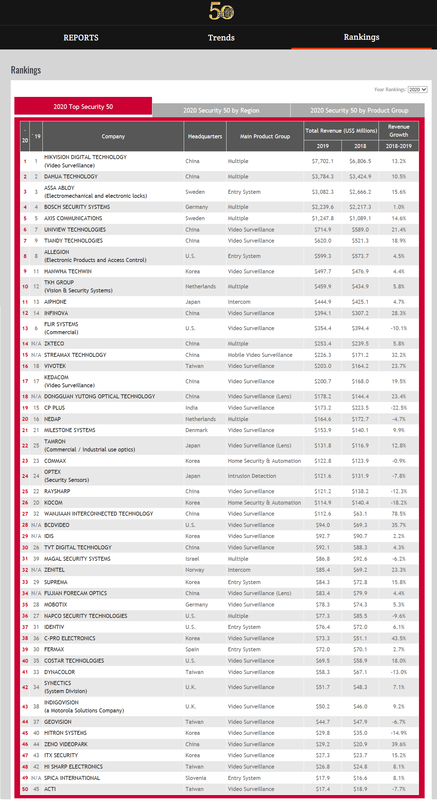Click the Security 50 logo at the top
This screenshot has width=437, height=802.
point(221,11)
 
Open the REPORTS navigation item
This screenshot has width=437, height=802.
point(81,38)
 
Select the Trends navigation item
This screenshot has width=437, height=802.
point(221,38)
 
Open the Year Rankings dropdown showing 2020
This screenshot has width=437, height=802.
point(417,90)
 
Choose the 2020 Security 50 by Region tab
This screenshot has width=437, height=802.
point(221,110)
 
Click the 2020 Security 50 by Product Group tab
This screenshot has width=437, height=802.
point(359,110)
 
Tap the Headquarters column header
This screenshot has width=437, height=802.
point(205,136)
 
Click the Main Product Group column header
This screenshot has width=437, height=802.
point(265,136)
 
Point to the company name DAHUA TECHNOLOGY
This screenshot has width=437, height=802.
point(71,176)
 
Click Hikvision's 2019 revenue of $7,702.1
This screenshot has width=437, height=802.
point(322,161)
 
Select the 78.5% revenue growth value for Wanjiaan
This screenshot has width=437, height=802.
point(399,514)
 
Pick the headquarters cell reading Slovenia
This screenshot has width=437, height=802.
point(196,778)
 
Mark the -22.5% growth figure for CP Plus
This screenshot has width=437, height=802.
point(399,408)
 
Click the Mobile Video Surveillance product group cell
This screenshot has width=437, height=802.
point(260,355)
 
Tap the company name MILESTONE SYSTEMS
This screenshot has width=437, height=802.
point(70,430)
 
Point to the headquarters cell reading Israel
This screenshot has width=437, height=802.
point(192,559)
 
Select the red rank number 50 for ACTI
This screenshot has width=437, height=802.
point(25,789)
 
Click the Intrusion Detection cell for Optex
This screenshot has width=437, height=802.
point(252,476)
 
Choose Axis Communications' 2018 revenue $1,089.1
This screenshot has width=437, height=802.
point(360,218)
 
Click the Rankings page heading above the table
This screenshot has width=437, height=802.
point(26,70)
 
